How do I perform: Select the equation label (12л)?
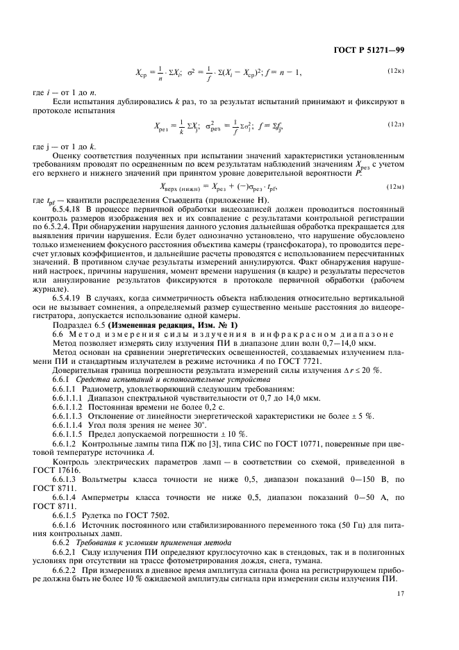pyautogui.click(x=396, y=124)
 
